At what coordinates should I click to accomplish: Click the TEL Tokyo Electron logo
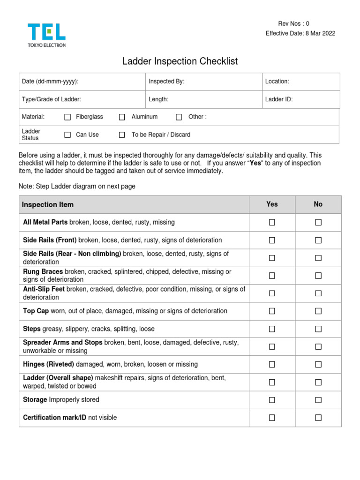(46, 35)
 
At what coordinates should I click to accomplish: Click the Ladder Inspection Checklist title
(180, 61)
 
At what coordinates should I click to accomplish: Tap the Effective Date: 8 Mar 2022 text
(300, 33)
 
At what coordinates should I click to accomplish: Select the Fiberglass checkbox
(67, 117)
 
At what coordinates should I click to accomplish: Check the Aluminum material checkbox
(122, 117)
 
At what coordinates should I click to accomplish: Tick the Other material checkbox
(179, 117)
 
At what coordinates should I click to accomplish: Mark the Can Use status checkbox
(67, 135)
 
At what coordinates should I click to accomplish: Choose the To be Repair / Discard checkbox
(122, 135)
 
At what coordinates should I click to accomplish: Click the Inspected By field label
(166, 82)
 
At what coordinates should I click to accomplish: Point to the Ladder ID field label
(279, 99)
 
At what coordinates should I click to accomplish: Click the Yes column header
(272, 204)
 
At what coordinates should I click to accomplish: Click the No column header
(318, 204)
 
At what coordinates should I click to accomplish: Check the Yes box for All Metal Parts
(272, 223)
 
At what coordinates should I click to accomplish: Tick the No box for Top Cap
(318, 311)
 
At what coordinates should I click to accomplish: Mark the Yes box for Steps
(272, 329)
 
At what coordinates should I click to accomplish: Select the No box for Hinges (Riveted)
(318, 365)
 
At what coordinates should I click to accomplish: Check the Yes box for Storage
(272, 400)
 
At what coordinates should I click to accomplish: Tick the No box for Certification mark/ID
(318, 418)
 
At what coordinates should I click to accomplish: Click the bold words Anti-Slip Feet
(44, 289)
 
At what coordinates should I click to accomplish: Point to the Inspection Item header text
(48, 205)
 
